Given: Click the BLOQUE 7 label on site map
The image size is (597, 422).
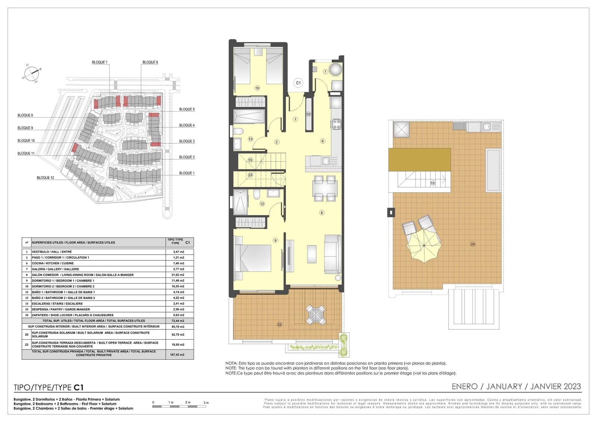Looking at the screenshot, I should [x=100, y=62].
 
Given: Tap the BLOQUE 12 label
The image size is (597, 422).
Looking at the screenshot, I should [x=45, y=178].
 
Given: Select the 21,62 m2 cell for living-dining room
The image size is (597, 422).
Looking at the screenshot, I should [x=178, y=275].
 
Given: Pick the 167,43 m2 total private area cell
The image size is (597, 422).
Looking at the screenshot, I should [x=177, y=354].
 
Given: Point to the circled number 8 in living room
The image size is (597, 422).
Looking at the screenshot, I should [x=322, y=213].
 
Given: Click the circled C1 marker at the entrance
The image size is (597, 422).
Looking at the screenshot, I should [x=298, y=83].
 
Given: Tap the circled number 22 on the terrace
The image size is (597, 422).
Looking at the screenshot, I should [x=279, y=325].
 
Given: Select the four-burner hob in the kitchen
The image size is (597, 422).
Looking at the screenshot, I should [x=336, y=124].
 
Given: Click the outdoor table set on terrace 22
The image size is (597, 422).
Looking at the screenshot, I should [x=316, y=315].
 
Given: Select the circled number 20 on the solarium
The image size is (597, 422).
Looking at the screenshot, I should [x=473, y=244].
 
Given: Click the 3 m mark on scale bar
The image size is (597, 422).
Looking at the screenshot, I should [x=206, y=403].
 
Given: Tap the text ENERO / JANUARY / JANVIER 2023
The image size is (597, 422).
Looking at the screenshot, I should [x=516, y=387].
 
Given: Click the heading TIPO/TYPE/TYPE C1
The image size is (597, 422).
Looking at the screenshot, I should [x=49, y=387].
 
